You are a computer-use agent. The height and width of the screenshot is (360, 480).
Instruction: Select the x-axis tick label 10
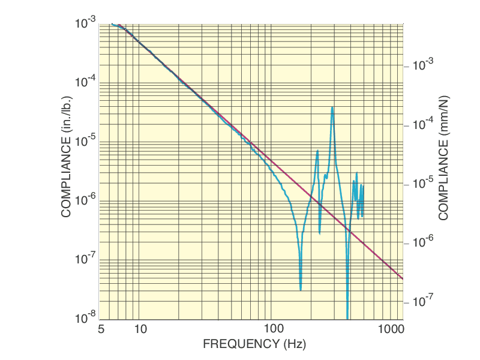coord(140,329)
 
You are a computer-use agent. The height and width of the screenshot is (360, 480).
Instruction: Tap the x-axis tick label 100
coord(272,329)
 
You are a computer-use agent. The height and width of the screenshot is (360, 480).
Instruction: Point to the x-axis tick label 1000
coord(392,329)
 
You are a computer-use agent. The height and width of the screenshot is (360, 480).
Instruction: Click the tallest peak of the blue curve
coord(332,107)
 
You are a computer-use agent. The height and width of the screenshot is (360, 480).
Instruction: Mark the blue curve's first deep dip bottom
coord(301,290)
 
